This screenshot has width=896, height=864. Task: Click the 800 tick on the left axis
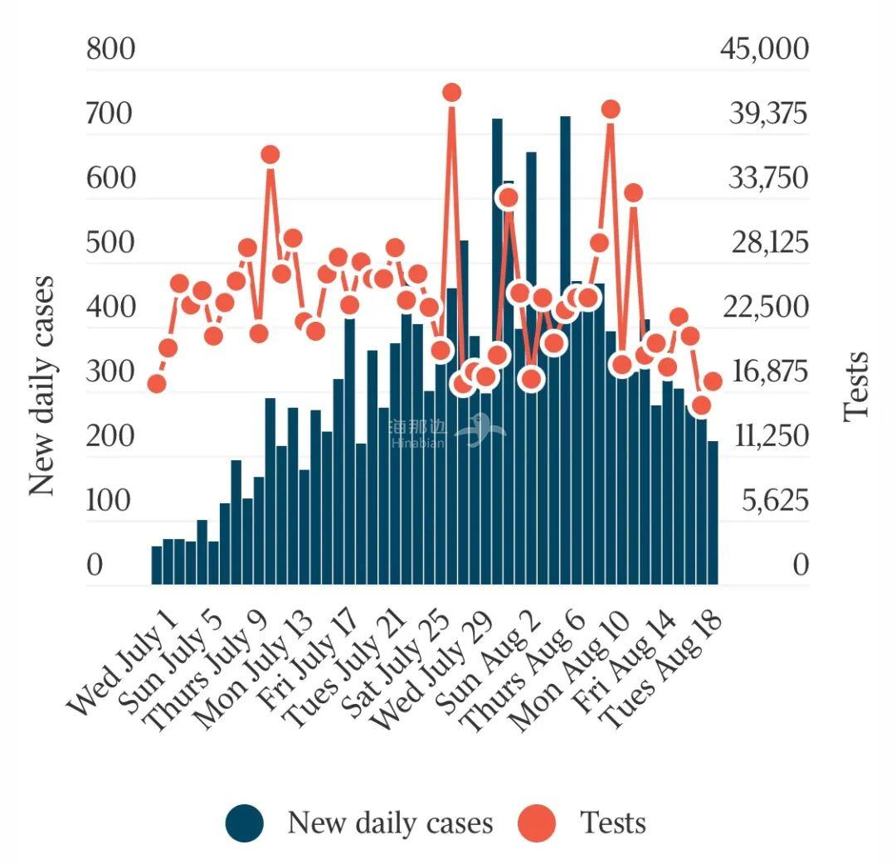pos(110,49)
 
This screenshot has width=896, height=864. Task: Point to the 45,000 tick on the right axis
pos(764,49)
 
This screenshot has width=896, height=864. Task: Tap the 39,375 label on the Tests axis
pos(767,114)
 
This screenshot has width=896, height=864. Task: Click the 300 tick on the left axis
pos(110,371)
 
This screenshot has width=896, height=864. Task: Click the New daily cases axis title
pos(42,386)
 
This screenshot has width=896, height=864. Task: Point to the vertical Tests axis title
pos(855,386)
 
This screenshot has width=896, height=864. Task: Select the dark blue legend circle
pos(245,823)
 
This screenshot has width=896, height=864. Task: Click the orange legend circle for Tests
pos(537,823)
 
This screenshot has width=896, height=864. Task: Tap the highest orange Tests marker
pos(451,92)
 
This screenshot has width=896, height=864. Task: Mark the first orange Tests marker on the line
pos(157,383)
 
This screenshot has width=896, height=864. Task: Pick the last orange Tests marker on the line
pos(713,381)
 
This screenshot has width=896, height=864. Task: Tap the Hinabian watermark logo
pos(448,432)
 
